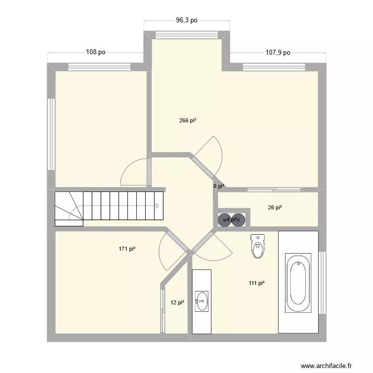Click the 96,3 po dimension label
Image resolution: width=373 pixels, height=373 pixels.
[186, 20]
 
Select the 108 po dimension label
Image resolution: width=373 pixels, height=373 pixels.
[95, 52]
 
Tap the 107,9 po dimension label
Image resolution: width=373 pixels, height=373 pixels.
[278, 52]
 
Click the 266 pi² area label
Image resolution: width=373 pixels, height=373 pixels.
[187, 120]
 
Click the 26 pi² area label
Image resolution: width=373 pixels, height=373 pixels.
[275, 208]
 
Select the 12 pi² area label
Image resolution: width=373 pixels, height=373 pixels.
[178, 302]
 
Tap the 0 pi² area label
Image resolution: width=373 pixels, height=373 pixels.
[219, 186]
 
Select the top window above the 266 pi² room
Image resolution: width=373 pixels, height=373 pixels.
[187, 35]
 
